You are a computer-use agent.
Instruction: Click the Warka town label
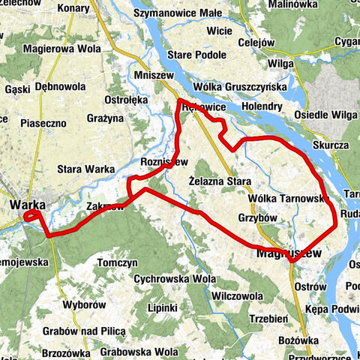coord(26,204)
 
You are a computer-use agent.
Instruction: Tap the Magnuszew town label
coord(288,253)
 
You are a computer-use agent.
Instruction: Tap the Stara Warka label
coord(84,169)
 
